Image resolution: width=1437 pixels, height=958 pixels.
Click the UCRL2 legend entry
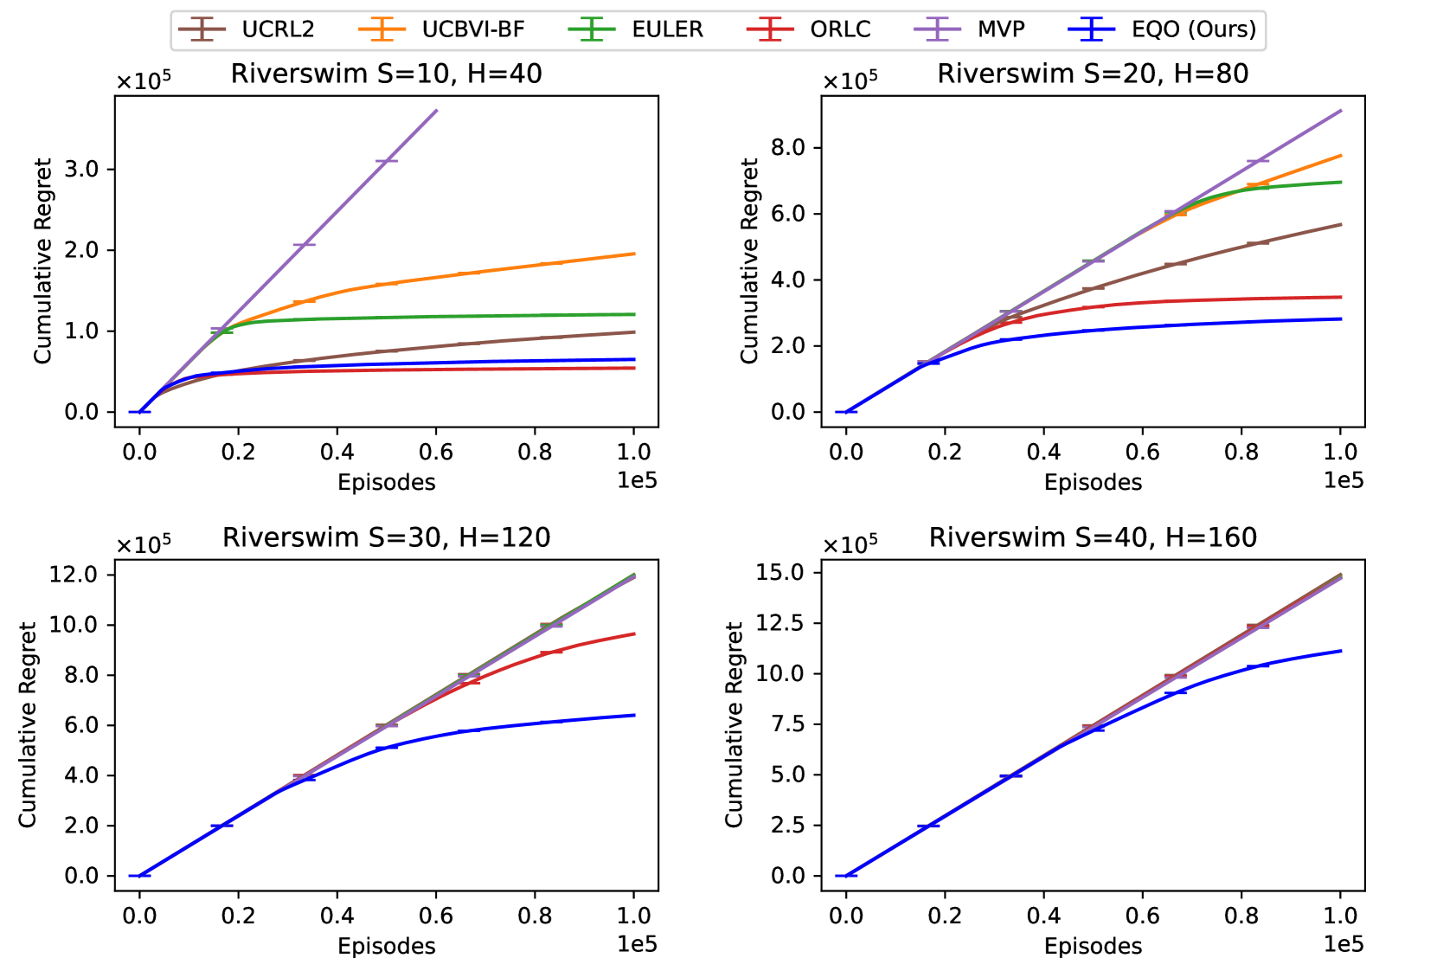(x=277, y=29)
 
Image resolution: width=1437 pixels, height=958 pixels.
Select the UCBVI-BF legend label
(x=472, y=29)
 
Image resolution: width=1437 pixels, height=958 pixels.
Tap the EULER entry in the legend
(x=667, y=29)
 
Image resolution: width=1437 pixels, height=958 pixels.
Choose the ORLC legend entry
(x=840, y=29)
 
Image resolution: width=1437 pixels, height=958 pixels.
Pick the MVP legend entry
(x=1001, y=29)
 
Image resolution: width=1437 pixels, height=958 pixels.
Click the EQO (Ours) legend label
(x=1193, y=29)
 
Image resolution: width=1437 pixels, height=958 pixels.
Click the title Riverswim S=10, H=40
(x=386, y=74)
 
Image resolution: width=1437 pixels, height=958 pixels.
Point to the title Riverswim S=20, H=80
(x=1093, y=74)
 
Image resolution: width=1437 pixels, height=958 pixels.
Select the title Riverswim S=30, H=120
(x=386, y=537)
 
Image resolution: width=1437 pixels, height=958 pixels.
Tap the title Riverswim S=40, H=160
(x=1093, y=537)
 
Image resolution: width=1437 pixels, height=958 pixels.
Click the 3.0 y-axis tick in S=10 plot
(x=81, y=169)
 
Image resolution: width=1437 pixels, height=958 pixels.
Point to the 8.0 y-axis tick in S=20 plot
(x=787, y=147)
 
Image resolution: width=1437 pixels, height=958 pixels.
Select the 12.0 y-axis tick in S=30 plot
(x=74, y=575)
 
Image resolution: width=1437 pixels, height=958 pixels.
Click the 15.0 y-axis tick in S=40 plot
(x=780, y=572)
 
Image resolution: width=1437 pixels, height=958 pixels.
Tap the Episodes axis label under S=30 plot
(x=386, y=946)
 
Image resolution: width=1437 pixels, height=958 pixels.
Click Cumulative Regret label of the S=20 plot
(x=748, y=260)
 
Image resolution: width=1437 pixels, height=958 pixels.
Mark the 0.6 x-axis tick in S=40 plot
(x=1142, y=916)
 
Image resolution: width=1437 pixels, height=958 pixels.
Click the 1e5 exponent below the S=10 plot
(x=637, y=480)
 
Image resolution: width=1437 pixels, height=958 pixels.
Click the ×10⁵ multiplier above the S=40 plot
(x=850, y=544)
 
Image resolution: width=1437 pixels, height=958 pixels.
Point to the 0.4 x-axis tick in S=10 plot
(x=337, y=452)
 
